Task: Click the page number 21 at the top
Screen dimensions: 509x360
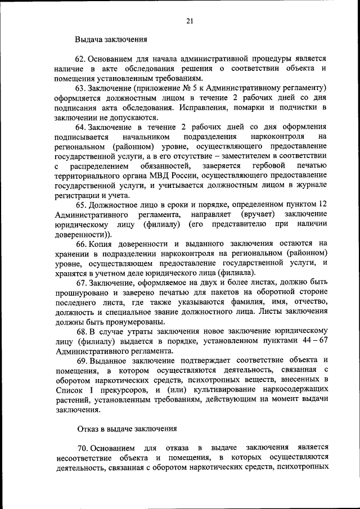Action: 190,21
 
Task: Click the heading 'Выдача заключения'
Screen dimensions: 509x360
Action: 111,40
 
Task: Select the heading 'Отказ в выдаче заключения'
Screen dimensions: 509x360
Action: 127,429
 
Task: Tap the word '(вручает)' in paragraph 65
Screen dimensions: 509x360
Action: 258,215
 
